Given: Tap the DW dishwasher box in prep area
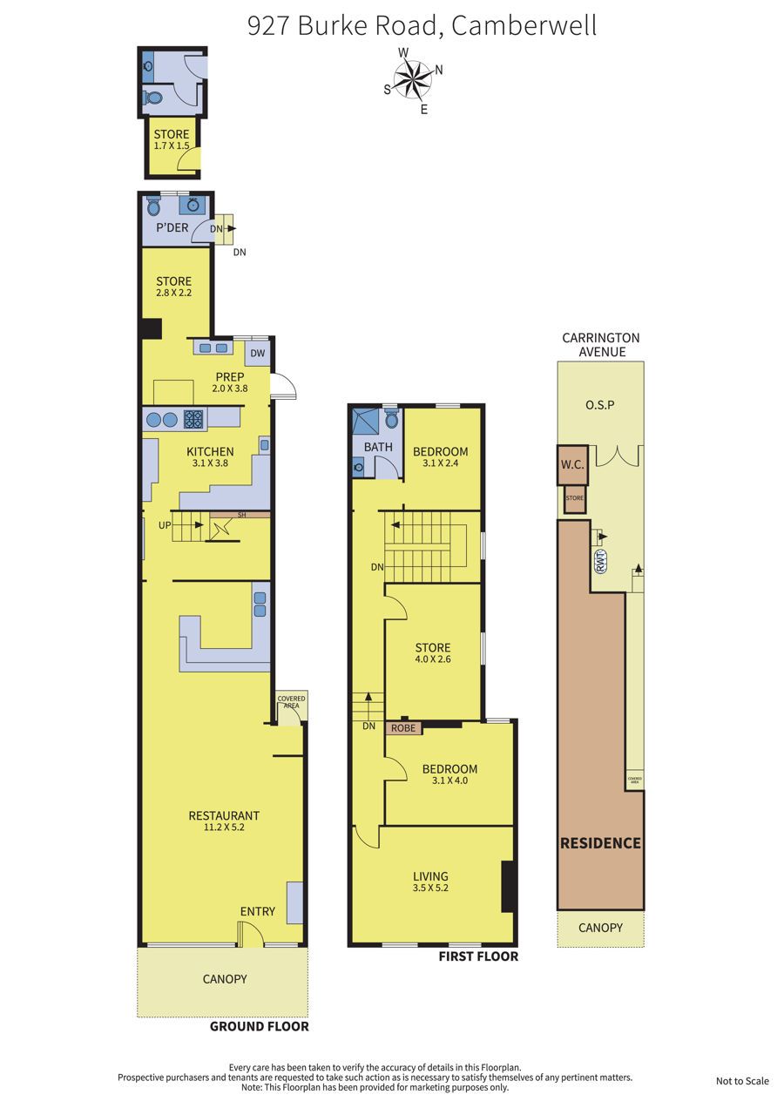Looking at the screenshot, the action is [258, 353].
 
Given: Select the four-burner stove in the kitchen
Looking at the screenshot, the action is [193, 420].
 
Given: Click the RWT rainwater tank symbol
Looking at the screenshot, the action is [601, 562].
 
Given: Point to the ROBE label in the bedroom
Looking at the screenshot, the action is [403, 728].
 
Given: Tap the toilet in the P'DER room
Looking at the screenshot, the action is [154, 206].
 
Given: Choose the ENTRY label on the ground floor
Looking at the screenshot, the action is [258, 912].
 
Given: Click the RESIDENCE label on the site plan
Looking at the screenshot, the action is [600, 843].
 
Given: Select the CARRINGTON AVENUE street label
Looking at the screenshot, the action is [601, 345].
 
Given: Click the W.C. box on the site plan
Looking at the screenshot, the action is [572, 465].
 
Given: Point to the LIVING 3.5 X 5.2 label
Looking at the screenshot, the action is [430, 882].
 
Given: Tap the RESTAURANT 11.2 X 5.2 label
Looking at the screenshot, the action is [224, 821].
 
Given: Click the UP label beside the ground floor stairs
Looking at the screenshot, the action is [165, 525].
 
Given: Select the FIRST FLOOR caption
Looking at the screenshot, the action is [478, 956].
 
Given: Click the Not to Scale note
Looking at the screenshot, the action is [742, 1081].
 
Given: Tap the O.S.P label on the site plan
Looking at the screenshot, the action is [600, 405].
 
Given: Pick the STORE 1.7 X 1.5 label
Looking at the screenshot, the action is [172, 139].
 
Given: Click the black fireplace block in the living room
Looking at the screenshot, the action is [509, 887].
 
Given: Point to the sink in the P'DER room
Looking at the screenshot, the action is [193, 205].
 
